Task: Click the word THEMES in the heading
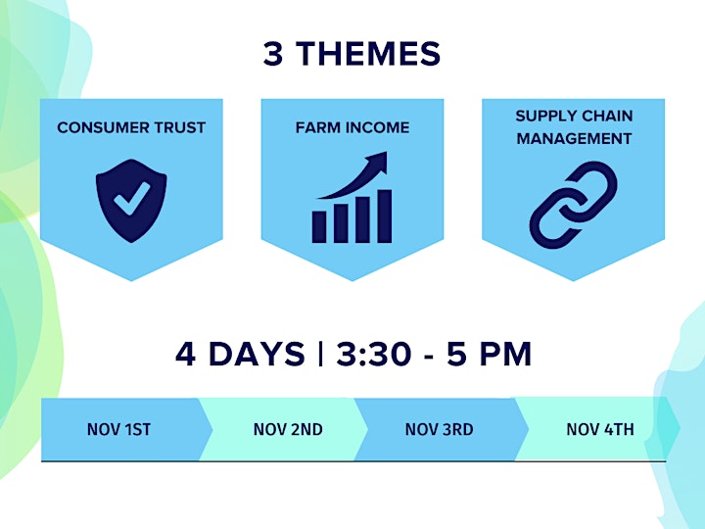click(x=368, y=54)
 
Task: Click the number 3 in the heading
click(x=273, y=54)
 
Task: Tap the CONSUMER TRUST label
click(x=131, y=127)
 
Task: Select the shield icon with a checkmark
click(x=131, y=201)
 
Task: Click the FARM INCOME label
click(x=352, y=127)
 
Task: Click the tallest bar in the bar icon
click(x=385, y=216)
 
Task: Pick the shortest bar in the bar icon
click(x=319, y=227)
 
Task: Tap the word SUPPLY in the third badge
click(x=542, y=116)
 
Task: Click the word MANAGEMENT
click(x=574, y=138)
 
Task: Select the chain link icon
click(x=573, y=205)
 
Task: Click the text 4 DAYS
click(x=240, y=354)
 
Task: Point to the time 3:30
click(x=374, y=354)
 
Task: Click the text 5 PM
click(x=490, y=354)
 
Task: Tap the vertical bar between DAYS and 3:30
click(x=320, y=354)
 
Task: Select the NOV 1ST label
click(x=118, y=430)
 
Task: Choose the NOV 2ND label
click(x=288, y=430)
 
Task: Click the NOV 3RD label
click(x=439, y=430)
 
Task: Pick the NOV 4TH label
click(x=600, y=430)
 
